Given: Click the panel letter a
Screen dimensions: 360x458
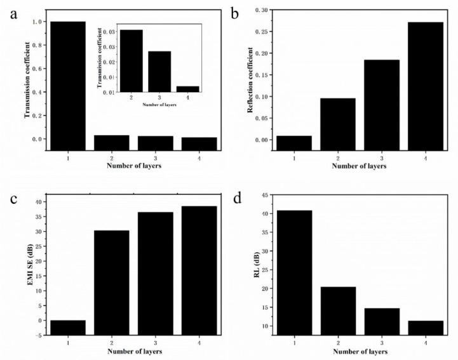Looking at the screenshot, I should coord(11,13).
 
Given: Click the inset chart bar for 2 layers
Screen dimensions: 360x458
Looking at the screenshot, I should coord(131,61).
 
